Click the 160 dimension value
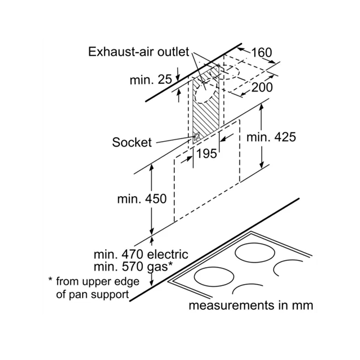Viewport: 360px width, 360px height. point(262,53)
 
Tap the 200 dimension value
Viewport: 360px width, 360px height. point(262,87)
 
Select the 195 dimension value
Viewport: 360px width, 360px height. point(207,153)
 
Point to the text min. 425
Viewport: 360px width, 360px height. point(271,137)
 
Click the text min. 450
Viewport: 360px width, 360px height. point(142,198)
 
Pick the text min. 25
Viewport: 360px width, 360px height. point(151,80)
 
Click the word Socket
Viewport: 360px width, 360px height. point(132,142)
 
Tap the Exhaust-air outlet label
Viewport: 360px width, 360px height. point(139,52)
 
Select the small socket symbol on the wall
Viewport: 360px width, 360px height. point(197,137)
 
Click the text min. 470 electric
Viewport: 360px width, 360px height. point(141,254)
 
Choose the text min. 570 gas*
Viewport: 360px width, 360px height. point(133,267)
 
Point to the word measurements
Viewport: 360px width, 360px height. point(232,306)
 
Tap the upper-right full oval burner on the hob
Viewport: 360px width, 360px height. point(255,253)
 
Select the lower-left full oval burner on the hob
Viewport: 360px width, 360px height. point(214,276)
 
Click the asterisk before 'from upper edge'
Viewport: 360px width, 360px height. point(50,279)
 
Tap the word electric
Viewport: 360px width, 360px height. point(168,254)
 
